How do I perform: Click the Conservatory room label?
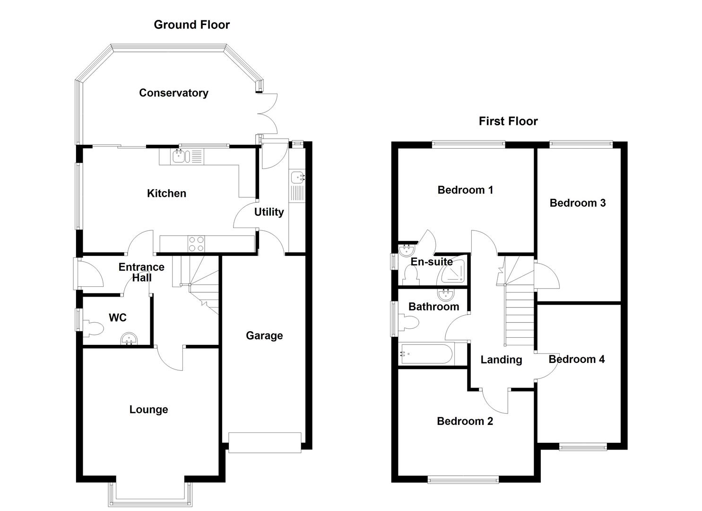click(173, 93)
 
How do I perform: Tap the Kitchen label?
click(166, 193)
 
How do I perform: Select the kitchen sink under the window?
click(181, 156)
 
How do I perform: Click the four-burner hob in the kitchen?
click(196, 243)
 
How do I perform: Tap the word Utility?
click(269, 212)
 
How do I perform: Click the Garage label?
click(264, 335)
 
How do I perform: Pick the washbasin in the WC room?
click(129, 339)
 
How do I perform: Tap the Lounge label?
click(148, 409)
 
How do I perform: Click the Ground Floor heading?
click(191, 25)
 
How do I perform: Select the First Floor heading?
click(508, 121)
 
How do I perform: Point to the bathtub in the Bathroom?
click(426, 354)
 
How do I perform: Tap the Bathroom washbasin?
click(445, 295)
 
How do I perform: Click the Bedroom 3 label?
click(577, 203)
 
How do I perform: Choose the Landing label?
click(501, 360)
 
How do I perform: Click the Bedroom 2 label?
click(465, 421)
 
